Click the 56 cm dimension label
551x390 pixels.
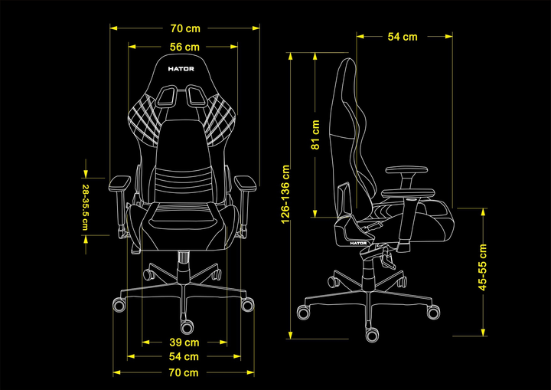pyautogui.click(x=184, y=47)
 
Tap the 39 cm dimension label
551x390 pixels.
pyautogui.click(x=184, y=342)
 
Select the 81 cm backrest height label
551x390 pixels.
pyautogui.click(x=315, y=135)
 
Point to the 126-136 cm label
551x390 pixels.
pyautogui.click(x=285, y=194)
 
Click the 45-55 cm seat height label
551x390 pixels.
pyautogui.click(x=483, y=267)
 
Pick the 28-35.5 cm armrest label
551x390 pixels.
pyautogui.click(x=85, y=208)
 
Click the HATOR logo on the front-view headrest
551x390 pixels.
pyautogui.click(x=181, y=69)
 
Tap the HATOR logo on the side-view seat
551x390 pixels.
pyautogui.click(x=358, y=243)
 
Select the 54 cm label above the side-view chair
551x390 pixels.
pyautogui.click(x=403, y=37)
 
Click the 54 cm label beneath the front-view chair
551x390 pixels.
pyautogui.click(x=184, y=356)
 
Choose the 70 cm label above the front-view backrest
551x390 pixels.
pyautogui.click(x=185, y=28)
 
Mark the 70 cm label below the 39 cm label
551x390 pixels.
pyautogui.click(x=184, y=372)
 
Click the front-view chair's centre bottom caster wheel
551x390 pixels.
pyautogui.click(x=187, y=326)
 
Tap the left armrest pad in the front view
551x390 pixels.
pyautogui.click(x=120, y=183)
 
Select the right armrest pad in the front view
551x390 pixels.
pyautogui.click(x=245, y=183)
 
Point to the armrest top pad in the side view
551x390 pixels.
pyautogui.click(x=406, y=170)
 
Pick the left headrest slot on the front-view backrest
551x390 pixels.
pyautogui.click(x=168, y=96)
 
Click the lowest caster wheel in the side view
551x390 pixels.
pyautogui.click(x=372, y=335)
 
